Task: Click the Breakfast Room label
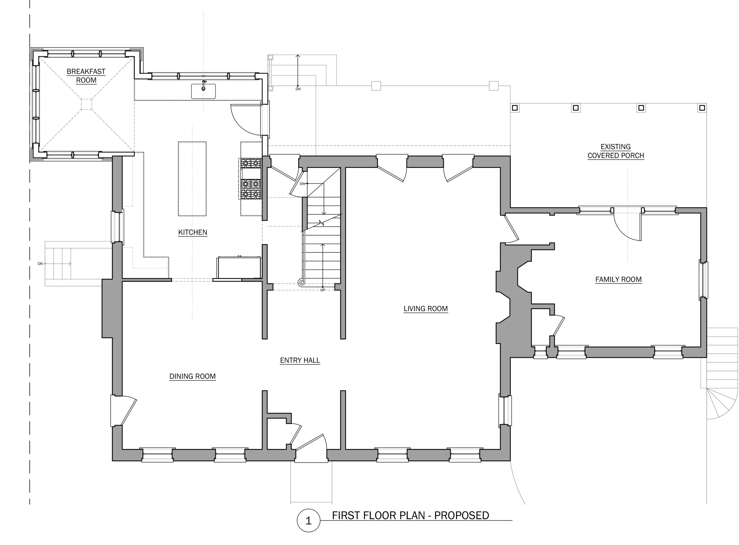[x=86, y=76]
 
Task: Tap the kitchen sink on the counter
[x=204, y=91]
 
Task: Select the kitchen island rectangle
[x=192, y=179]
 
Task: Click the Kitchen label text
[x=193, y=232]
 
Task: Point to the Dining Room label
[x=192, y=377]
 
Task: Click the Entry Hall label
[x=300, y=360]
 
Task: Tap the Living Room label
[x=426, y=309]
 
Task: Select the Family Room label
[x=618, y=279]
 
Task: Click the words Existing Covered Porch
[x=616, y=151]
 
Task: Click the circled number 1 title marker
[x=309, y=521]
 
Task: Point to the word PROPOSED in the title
[x=461, y=516]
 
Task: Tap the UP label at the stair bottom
[x=323, y=290]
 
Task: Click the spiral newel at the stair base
[x=301, y=282]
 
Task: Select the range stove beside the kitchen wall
[x=250, y=179]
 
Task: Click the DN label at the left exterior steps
[x=40, y=264]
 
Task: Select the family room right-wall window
[x=703, y=280]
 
